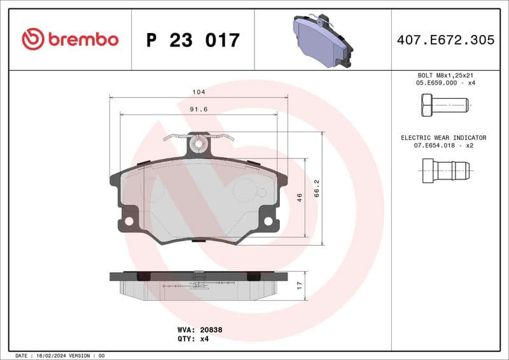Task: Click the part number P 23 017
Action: pos(193,40)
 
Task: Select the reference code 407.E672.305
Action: pos(445,40)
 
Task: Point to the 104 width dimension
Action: pos(199,92)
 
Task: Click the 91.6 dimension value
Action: pos(199,109)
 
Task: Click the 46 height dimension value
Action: pos(299,197)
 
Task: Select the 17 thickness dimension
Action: pos(299,284)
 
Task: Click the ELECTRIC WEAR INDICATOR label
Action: pos(443,137)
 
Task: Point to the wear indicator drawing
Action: pos(445,170)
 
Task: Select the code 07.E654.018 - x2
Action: pos(443,146)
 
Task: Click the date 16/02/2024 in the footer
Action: pos(50,356)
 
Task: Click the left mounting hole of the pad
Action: pos(129,221)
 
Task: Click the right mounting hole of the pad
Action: pos(268,221)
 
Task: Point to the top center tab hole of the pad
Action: pos(199,144)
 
